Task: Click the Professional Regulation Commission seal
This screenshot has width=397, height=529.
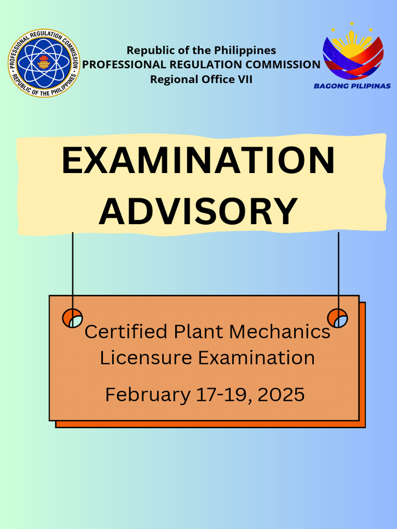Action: [x=44, y=63]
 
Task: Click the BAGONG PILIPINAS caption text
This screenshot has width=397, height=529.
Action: [x=352, y=86]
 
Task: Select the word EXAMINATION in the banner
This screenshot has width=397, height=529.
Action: [x=198, y=161]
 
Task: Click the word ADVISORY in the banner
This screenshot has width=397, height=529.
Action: [x=198, y=211]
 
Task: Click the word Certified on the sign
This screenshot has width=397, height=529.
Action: [x=126, y=331]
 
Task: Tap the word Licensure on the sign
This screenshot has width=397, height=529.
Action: [x=135, y=357]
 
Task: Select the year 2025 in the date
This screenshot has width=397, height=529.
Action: [x=280, y=395]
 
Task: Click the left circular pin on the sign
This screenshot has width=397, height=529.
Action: [x=72, y=318]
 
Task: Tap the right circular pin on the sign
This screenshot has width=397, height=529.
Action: [x=338, y=318]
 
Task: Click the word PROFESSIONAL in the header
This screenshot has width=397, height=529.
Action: [x=124, y=65]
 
